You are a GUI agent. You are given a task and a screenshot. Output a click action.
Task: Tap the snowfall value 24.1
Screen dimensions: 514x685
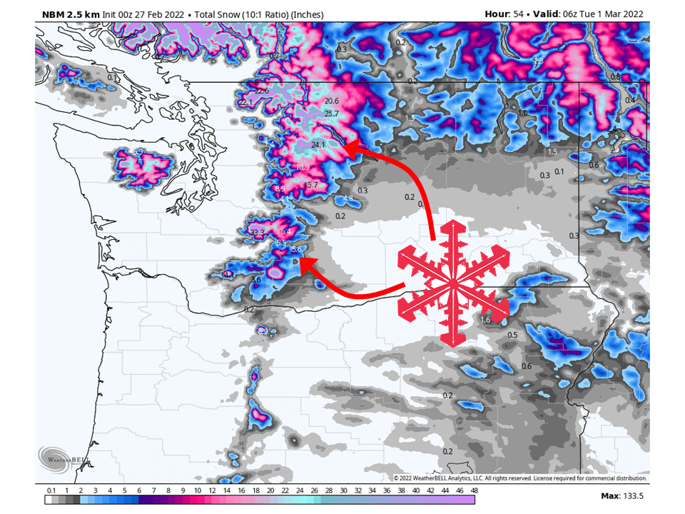click(318, 144)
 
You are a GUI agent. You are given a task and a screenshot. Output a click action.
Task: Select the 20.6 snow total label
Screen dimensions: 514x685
click(332, 101)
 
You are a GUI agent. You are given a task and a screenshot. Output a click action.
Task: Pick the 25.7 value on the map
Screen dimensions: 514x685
click(332, 114)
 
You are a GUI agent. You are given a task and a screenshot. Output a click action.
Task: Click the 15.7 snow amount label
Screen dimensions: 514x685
click(311, 185)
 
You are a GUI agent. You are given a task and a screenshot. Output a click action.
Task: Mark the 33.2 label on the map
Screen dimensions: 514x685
click(258, 232)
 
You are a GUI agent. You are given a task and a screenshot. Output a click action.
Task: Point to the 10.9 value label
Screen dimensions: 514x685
click(303, 167)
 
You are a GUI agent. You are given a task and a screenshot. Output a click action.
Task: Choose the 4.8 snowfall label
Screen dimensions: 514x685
click(348, 198)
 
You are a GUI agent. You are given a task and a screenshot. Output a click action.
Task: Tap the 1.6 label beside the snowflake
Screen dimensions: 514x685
click(486, 321)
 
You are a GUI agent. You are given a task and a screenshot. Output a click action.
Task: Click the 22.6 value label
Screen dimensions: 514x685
click(262, 91)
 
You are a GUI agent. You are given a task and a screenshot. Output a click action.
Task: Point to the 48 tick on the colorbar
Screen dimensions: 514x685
click(474, 490)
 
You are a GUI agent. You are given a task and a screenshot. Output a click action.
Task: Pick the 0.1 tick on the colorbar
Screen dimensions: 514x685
click(51, 490)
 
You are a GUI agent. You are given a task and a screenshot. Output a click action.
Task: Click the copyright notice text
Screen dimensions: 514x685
click(521, 478)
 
